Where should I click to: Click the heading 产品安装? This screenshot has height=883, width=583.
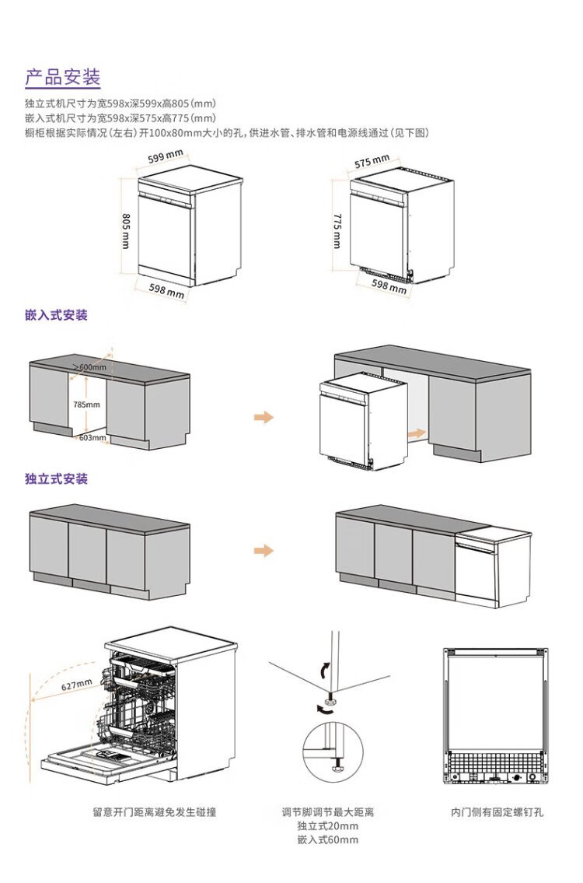coord(62,77)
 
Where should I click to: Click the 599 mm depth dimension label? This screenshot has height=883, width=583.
coord(166,156)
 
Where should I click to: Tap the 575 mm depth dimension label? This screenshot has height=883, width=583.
coord(372,162)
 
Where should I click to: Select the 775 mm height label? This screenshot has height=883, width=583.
coord(337,231)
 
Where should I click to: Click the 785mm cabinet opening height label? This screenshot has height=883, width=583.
coord(86,405)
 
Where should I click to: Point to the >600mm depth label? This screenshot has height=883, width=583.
coord(90,367)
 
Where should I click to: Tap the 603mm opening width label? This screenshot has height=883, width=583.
coord(93,437)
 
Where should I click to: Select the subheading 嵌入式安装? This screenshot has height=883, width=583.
coord(56,315)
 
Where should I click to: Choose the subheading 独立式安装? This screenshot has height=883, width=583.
coord(56,478)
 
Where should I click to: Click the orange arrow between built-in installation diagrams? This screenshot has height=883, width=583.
coord(264,417)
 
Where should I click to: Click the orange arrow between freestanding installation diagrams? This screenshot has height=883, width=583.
coord(264,550)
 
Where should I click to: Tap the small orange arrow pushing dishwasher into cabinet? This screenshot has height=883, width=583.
coord(417,433)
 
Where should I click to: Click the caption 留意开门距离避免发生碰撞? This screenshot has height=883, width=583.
coord(154,812)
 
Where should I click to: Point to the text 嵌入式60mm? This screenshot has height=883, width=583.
coord(327,839)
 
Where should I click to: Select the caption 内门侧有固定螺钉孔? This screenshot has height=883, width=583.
coord(497,812)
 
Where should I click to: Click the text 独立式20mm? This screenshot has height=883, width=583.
coord(327,826)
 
